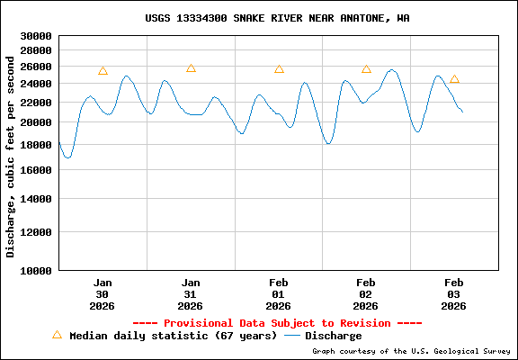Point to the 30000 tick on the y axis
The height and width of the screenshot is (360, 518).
click(36, 37)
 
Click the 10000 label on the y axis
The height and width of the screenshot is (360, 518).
click(36, 270)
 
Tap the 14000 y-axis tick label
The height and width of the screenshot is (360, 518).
click(36, 199)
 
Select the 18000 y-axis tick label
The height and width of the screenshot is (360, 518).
click(36, 145)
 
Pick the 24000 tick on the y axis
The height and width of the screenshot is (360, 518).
click(36, 84)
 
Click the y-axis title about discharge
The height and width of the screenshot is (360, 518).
click(11, 155)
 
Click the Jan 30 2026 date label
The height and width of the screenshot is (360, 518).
click(103, 293)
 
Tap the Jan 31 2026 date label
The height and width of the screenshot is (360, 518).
click(191, 293)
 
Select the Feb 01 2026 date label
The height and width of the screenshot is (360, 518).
click(279, 293)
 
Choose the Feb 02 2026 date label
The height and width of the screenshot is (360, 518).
click(366, 293)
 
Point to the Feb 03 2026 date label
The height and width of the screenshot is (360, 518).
click(454, 293)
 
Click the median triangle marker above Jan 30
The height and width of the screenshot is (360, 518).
click(103, 70)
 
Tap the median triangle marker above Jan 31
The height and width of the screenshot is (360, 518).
click(191, 67)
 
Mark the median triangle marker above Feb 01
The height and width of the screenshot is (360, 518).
click(279, 68)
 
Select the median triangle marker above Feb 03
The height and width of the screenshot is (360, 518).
click(454, 78)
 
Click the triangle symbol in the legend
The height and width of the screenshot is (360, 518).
click(57, 334)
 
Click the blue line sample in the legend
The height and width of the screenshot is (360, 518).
click(291, 336)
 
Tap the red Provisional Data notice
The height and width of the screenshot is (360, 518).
click(277, 322)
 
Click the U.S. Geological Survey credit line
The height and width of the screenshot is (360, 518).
click(411, 351)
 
